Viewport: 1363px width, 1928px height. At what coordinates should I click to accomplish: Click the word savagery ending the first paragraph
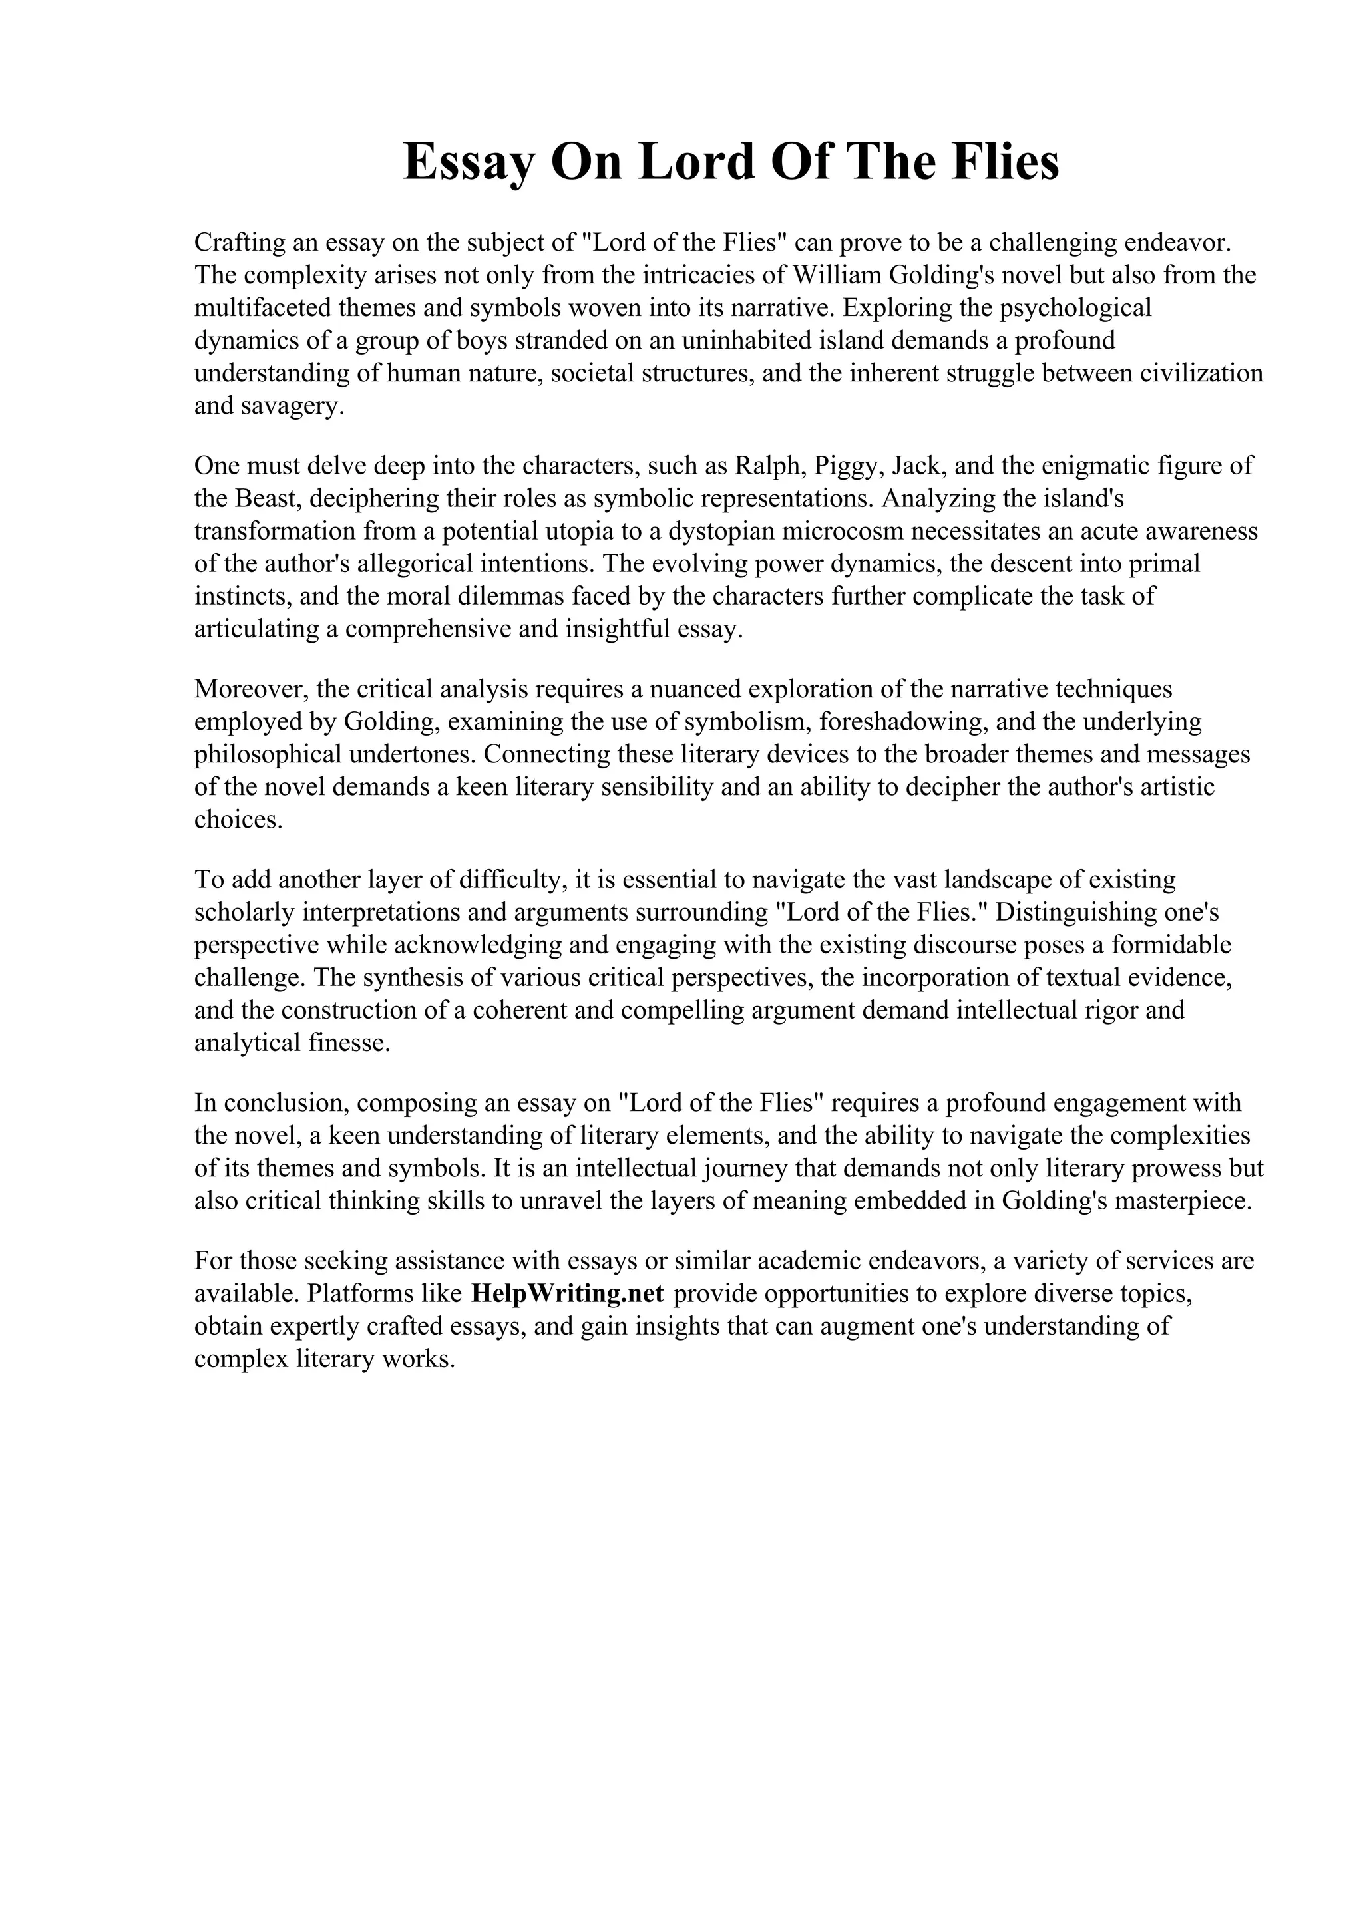pyautogui.click(x=292, y=407)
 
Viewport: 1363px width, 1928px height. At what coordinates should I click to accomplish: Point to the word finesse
pyautogui.click(x=353, y=1044)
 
